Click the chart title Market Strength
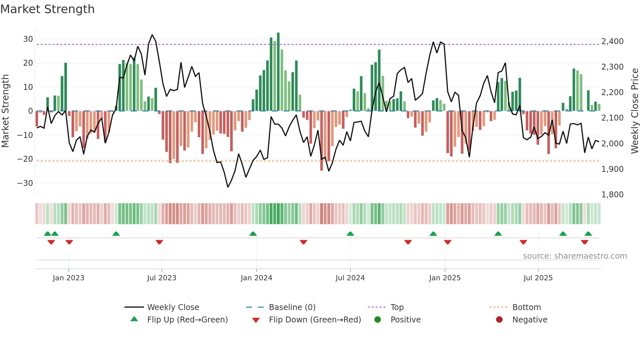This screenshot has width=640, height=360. click(47, 9)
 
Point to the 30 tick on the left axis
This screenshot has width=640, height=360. click(28, 39)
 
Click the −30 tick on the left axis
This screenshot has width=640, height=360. click(25, 183)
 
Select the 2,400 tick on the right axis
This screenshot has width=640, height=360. click(612, 41)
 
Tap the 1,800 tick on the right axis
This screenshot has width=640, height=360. click(612, 195)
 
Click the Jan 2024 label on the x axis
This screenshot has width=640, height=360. click(256, 278)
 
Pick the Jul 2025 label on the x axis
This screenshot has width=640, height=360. click(538, 278)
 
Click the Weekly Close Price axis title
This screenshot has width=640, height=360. click(634, 111)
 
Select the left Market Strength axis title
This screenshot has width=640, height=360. click(5, 111)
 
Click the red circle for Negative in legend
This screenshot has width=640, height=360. click(499, 320)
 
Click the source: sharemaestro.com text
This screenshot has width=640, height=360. click(575, 256)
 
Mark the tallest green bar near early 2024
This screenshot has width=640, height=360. click(278, 72)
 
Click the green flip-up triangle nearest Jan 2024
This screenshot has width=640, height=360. click(253, 234)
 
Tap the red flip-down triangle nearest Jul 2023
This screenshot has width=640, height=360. click(159, 242)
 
